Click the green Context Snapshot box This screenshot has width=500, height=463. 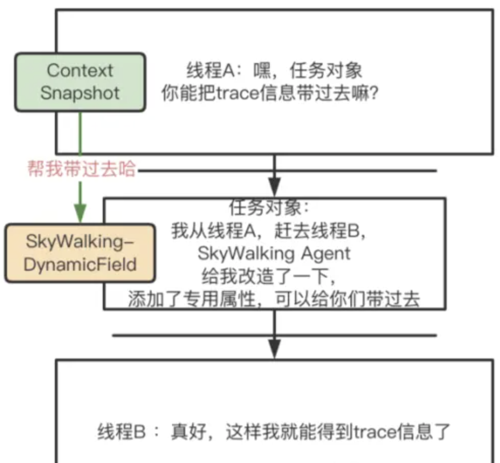point(80,82)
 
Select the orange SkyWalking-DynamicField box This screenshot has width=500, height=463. point(80,253)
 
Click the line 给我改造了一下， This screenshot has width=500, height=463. point(274,276)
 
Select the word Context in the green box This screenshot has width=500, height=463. point(80,71)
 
